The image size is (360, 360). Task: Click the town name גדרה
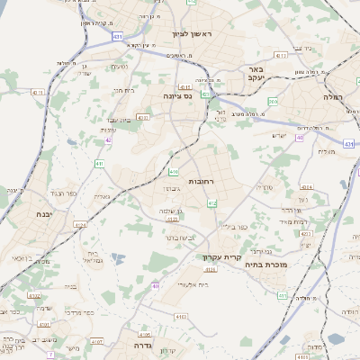click(x=145, y=345)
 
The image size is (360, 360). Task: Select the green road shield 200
click(x=273, y=102)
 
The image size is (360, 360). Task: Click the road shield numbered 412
click(x=212, y=205)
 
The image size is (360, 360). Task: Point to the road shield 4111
click(x=281, y=56)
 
